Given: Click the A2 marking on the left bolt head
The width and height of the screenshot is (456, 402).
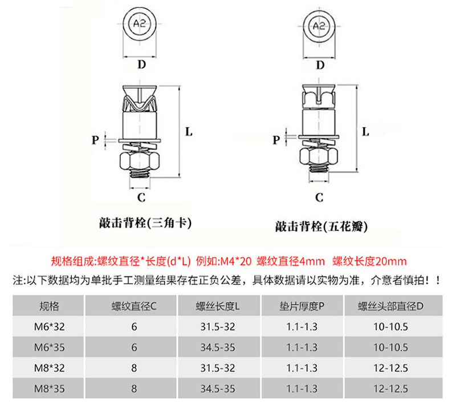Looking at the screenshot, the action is click(139, 23).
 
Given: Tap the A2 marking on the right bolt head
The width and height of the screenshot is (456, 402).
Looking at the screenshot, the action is click(319, 26).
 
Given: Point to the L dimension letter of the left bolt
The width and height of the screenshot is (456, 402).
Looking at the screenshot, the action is click(189, 132).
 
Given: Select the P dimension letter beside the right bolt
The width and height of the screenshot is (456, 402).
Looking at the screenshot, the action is click(276, 140).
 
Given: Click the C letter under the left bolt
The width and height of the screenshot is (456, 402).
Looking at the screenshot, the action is click(141, 197).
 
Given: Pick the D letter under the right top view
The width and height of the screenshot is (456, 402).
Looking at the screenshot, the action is click(320, 65).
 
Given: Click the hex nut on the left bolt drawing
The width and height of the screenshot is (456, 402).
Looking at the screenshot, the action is click(140, 160).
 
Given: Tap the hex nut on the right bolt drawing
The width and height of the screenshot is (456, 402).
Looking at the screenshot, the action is click(319, 156).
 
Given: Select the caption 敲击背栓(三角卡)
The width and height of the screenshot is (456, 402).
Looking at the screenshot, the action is click(145, 223).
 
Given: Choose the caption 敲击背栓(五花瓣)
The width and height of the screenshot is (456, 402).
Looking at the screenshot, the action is click(321, 226).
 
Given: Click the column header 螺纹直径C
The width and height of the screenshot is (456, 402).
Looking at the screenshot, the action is click(134, 306).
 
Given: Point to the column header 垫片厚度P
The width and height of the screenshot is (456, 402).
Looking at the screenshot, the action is click(302, 306).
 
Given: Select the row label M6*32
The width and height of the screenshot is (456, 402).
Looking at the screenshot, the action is click(49, 327).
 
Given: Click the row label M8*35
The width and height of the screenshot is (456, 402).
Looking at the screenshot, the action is click(49, 389).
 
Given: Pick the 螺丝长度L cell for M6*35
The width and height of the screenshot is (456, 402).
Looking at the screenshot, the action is click(218, 347).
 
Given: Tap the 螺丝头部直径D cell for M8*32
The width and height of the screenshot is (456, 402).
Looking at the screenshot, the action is click(390, 368).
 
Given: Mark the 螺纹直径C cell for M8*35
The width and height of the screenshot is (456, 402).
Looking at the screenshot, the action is click(134, 389).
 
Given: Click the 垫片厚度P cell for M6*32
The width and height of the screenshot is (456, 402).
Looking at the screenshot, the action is click(302, 327).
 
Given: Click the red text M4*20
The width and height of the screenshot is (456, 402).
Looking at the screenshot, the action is click(235, 261).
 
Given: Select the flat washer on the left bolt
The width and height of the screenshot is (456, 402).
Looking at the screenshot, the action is click(140, 141).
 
